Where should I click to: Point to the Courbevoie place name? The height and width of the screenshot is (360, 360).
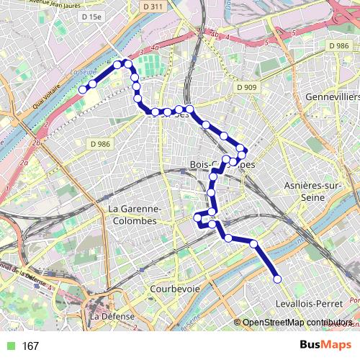click(x=175, y=288)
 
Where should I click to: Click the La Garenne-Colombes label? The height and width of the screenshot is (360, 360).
click(x=132, y=215)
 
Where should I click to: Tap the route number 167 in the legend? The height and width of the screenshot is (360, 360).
click(x=30, y=346)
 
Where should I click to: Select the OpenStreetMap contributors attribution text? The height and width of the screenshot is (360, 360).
click(x=298, y=323)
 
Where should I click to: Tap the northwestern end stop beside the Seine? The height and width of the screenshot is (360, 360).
click(x=83, y=90)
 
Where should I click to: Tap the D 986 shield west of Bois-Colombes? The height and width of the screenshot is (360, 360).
click(x=101, y=144)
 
